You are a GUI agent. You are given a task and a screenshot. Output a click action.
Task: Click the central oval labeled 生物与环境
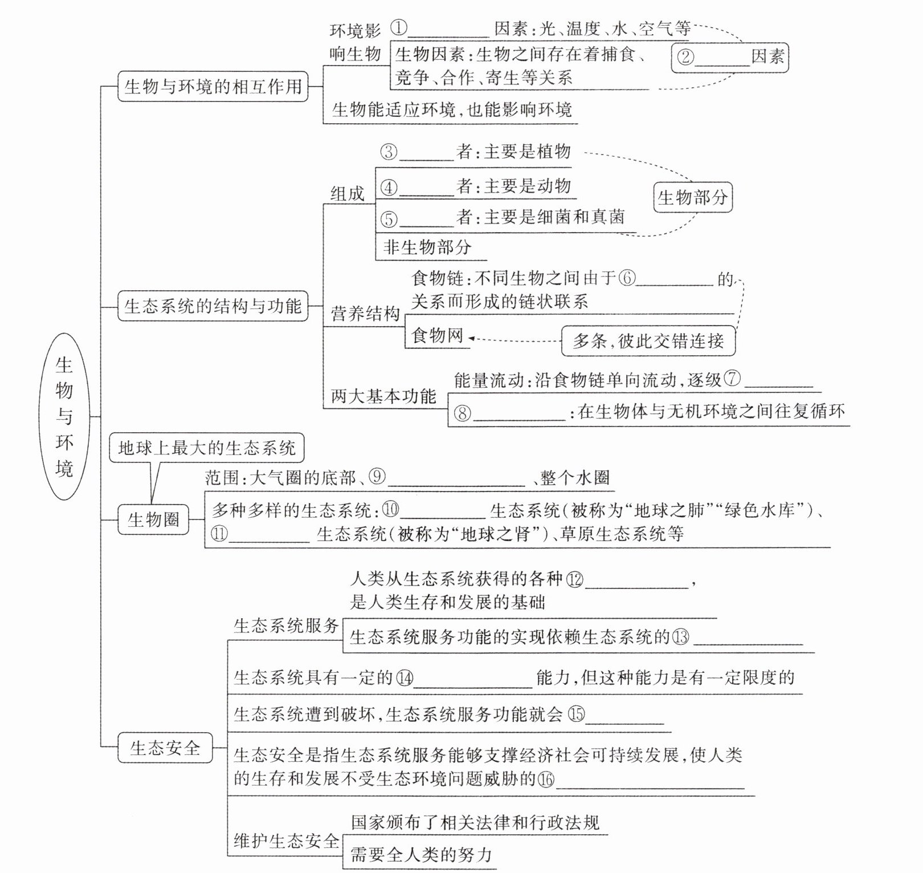pyautogui.click(x=64, y=416)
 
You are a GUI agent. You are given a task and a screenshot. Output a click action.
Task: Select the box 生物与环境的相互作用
pyautogui.click(x=213, y=87)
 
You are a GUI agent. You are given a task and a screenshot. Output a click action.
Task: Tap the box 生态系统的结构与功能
pyautogui.click(x=213, y=306)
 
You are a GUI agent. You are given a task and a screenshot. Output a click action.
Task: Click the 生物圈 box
pyautogui.click(x=153, y=519)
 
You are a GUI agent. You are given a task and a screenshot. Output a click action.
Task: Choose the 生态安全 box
pyautogui.click(x=165, y=748)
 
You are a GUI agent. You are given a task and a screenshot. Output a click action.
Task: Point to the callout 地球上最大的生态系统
pyautogui.click(x=206, y=448)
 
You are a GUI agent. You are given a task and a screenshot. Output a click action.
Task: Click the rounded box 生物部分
pyautogui.click(x=692, y=197)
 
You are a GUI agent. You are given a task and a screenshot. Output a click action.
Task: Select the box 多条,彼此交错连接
pyautogui.click(x=648, y=341)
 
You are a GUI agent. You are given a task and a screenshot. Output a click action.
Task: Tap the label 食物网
pyautogui.click(x=437, y=335)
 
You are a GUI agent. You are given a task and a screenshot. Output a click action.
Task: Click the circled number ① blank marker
pyautogui.click(x=399, y=27)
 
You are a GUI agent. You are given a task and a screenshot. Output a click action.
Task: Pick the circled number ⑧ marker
pyautogui.click(x=462, y=413)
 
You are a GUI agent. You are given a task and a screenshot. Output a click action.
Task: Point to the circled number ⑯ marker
pyautogui.click(x=546, y=779)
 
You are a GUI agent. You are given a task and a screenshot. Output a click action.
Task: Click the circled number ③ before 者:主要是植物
pyautogui.click(x=389, y=152)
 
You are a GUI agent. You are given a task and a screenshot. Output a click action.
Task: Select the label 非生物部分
pyautogui.click(x=427, y=247)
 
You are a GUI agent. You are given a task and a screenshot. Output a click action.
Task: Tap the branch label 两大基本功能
pyautogui.click(x=383, y=396)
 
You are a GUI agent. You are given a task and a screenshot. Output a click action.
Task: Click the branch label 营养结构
pyautogui.click(x=365, y=314)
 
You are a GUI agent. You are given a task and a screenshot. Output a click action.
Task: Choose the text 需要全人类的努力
pyautogui.click(x=420, y=855)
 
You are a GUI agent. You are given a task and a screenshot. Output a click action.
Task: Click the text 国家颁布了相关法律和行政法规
pyautogui.click(x=475, y=822)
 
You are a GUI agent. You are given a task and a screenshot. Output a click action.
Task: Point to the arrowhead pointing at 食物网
pyautogui.click(x=471, y=339)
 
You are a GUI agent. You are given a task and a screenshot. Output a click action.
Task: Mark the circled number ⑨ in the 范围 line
pyautogui.click(x=377, y=477)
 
